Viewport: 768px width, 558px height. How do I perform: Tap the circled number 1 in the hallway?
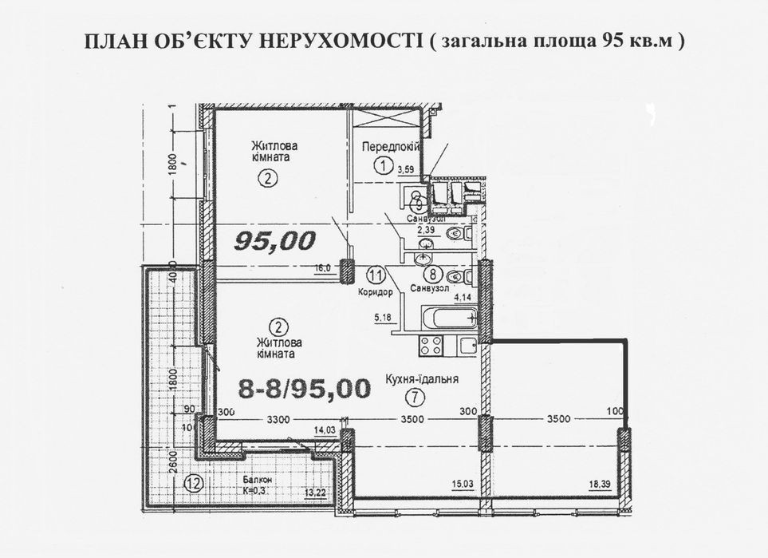click(384, 166)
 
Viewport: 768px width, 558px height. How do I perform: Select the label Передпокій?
click(391, 147)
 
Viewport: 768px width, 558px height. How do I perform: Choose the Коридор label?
click(376, 292)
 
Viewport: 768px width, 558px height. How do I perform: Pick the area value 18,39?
click(601, 485)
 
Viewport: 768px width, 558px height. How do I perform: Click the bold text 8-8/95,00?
click(305, 389)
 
